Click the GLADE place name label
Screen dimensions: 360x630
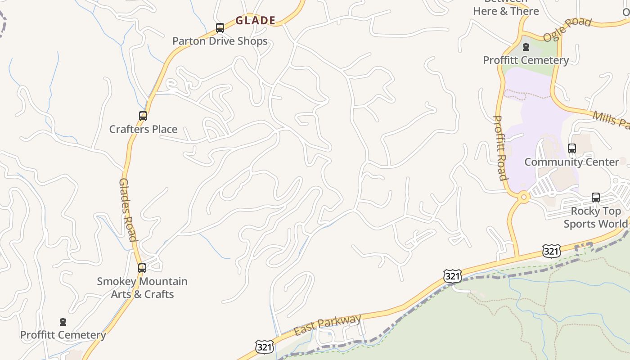(x=255, y=20)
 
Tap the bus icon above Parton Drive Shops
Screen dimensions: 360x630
(x=220, y=28)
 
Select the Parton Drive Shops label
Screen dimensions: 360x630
(x=220, y=41)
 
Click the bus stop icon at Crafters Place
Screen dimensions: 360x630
(x=143, y=116)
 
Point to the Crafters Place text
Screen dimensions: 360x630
(x=143, y=129)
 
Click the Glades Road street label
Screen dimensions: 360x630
(x=127, y=210)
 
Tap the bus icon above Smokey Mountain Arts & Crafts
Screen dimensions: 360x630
(x=142, y=268)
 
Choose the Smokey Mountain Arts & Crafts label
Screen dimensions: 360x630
(x=142, y=288)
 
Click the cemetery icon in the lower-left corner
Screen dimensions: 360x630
(x=63, y=322)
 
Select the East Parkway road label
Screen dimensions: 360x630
(x=327, y=325)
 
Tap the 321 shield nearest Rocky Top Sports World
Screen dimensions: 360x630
(x=551, y=251)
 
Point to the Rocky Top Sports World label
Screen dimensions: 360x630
(x=595, y=217)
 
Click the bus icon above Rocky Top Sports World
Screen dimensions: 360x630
(x=596, y=197)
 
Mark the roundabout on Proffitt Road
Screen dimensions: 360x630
(x=523, y=197)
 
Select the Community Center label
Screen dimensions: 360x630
(x=571, y=162)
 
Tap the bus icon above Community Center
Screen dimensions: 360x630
(x=571, y=148)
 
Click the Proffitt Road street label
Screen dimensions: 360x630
(x=500, y=148)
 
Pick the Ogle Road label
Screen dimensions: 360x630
(x=567, y=29)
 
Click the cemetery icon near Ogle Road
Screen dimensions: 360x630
(x=526, y=47)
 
